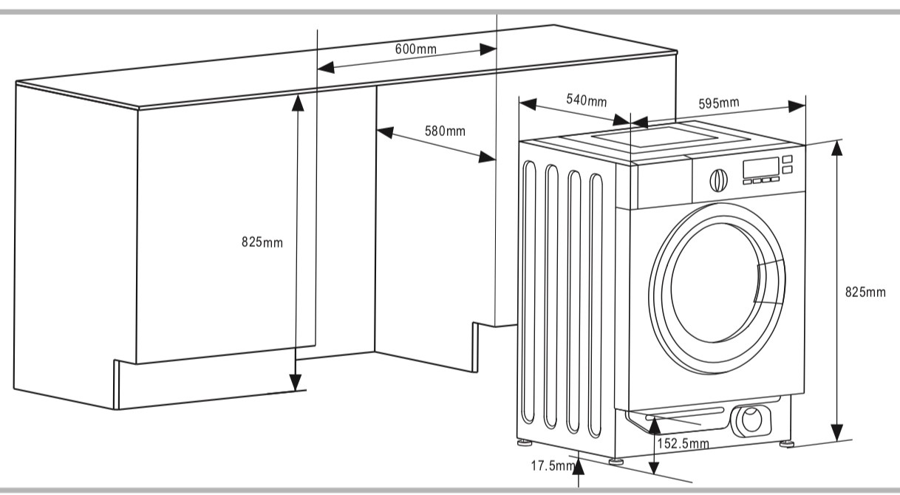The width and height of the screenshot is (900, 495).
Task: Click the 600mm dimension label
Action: (x=415, y=49)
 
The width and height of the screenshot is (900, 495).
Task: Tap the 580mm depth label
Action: (x=445, y=132)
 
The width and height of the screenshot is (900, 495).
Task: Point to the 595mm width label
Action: (x=719, y=103)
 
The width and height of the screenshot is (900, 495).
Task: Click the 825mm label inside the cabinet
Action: (x=262, y=242)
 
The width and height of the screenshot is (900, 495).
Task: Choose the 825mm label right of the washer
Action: (x=865, y=292)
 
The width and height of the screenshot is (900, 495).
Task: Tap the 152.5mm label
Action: (x=683, y=444)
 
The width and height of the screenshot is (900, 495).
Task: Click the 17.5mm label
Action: (x=552, y=466)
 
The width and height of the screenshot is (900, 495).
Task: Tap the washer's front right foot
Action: (x=785, y=443)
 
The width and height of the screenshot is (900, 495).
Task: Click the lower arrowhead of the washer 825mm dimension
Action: (x=836, y=432)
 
